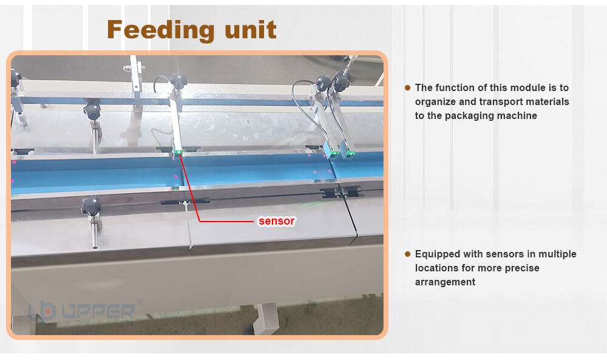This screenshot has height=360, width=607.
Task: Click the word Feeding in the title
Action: (160, 30)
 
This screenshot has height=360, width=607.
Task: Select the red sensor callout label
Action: (276, 221)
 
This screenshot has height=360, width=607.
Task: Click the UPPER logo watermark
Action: (83, 310)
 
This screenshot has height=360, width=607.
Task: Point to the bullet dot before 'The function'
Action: (407, 87)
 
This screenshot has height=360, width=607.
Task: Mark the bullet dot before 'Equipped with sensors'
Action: (407, 254)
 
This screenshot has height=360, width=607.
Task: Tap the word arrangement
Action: (445, 282)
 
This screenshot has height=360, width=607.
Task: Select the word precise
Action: (522, 268)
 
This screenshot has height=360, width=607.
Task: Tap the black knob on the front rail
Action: (91, 206)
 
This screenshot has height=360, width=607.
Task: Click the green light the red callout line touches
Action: (178, 152)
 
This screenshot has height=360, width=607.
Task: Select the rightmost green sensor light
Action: (351, 154)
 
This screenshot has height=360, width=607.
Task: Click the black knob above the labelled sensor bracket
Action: (178, 81)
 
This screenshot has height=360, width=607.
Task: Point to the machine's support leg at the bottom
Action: (266, 318)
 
